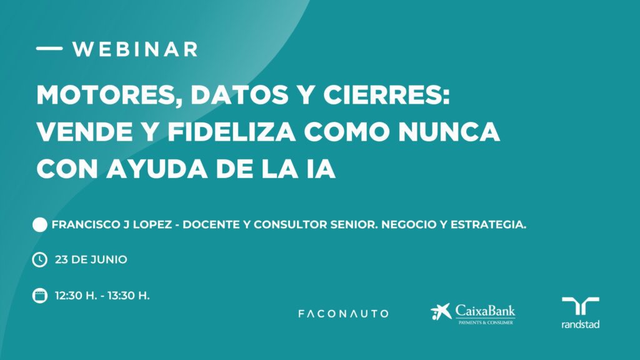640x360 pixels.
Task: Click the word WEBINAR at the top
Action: coord(135,49)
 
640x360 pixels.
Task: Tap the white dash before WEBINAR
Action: coord(49,48)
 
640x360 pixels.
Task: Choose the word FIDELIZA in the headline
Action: coord(231,132)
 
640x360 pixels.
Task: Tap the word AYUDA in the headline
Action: coord(157,169)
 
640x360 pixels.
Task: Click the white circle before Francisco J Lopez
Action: coord(39,224)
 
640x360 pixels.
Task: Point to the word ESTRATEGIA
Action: coord(488,224)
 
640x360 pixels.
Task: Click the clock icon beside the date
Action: coord(39,259)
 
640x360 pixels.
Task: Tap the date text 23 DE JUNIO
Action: coord(91,259)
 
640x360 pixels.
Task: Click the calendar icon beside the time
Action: coord(39,296)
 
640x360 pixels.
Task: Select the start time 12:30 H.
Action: coord(76,296)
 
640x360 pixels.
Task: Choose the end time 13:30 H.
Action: coord(129,296)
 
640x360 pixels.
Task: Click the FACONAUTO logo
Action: coord(343,314)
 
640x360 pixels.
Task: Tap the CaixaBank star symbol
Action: coord(441,312)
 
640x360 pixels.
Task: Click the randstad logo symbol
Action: coord(581,306)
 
